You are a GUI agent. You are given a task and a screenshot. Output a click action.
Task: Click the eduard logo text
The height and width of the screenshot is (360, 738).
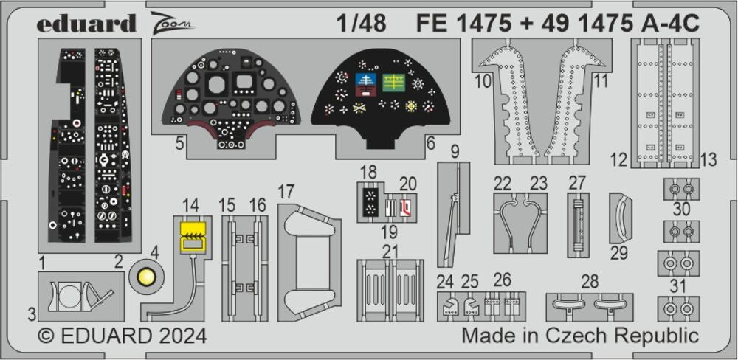coord(86,24)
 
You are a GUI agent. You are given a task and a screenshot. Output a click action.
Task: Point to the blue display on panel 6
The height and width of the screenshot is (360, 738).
coord(365,80)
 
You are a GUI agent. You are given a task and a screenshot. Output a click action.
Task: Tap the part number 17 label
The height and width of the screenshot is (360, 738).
coord(286,192)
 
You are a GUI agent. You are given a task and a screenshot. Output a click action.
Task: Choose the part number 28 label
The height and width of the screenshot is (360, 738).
coord(589,283)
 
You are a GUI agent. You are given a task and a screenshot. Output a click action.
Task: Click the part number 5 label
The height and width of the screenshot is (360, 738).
coord(179,144)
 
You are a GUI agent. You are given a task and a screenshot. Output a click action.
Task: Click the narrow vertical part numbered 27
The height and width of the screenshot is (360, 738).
coord(577,224)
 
